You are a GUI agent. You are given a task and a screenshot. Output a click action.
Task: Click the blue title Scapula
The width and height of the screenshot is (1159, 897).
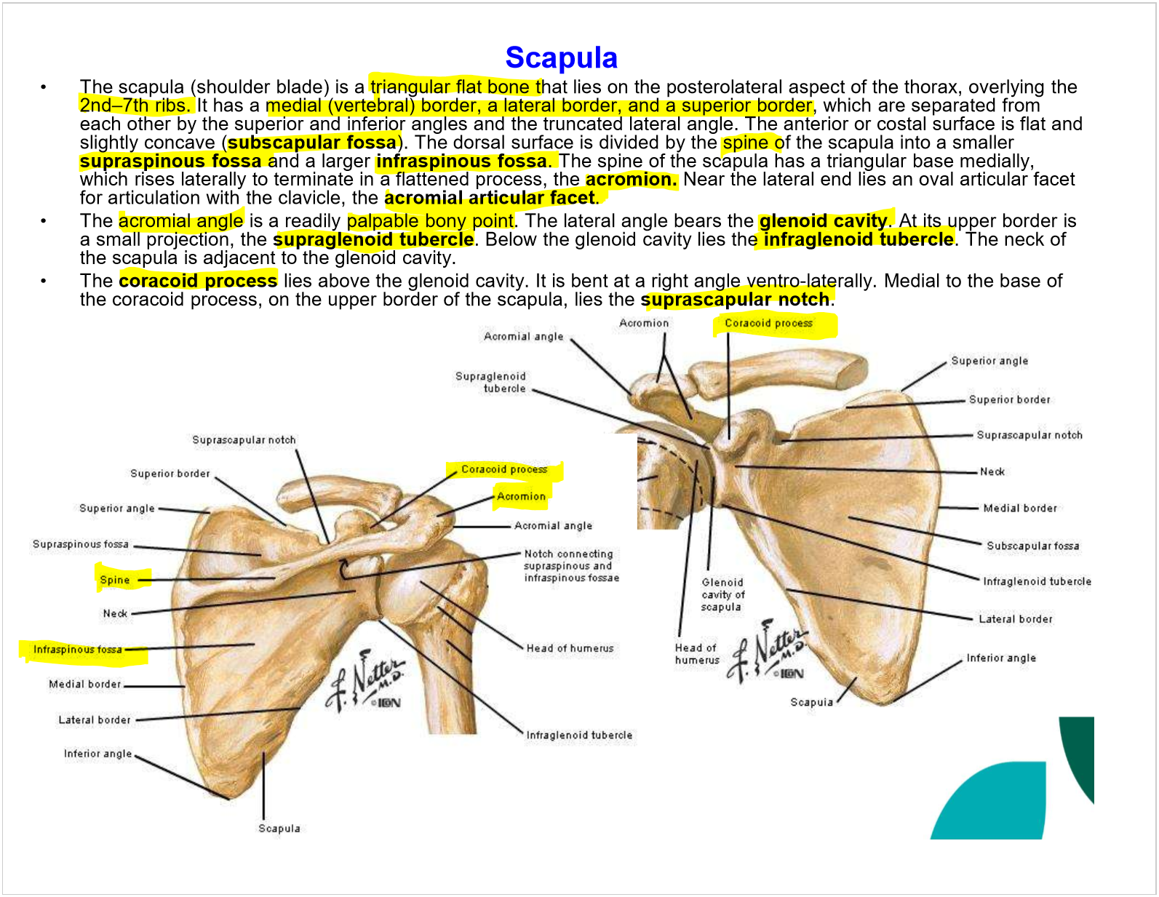tap(561, 58)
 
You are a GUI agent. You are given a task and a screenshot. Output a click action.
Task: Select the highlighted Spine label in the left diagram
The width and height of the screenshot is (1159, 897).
tap(115, 580)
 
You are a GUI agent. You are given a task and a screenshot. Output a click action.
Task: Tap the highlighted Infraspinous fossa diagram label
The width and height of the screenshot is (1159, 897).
tap(78, 650)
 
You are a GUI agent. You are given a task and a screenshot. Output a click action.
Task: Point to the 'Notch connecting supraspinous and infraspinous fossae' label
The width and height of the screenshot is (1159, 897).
tap(571, 566)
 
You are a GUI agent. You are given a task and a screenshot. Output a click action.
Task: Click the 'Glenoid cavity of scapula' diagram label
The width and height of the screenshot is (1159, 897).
tap(722, 594)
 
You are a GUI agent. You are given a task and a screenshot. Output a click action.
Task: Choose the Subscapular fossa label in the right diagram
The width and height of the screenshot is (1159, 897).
tap(1032, 546)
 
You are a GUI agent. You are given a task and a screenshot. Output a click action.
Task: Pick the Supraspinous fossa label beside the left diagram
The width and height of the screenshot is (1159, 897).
tap(81, 544)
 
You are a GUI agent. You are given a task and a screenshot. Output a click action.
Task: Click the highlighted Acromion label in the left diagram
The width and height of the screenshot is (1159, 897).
tap(521, 496)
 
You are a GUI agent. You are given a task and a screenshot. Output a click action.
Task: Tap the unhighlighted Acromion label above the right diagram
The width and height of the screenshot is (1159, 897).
tap(644, 323)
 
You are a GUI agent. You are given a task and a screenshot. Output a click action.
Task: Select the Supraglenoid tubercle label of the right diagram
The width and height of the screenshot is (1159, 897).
tap(491, 382)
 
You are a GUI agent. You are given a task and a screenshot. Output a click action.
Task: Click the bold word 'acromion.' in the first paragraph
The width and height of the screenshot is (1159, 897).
tap(631, 180)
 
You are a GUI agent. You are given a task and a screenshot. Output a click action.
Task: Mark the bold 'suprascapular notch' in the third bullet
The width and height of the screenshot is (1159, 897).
tap(735, 300)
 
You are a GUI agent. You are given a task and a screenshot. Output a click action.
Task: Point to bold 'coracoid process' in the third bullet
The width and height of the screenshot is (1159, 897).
tap(198, 281)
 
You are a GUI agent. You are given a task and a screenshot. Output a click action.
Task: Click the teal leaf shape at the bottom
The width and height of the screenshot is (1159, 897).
tap(993, 804)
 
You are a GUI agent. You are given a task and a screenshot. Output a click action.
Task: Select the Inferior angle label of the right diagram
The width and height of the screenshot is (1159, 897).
tap(1000, 658)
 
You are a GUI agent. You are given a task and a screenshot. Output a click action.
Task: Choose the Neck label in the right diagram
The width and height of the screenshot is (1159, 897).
tap(992, 472)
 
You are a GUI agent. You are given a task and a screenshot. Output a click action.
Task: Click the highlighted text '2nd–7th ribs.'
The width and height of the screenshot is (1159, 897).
tap(135, 105)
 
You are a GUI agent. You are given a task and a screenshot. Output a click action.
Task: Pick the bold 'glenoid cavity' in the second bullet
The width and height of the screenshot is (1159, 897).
tap(823, 221)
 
